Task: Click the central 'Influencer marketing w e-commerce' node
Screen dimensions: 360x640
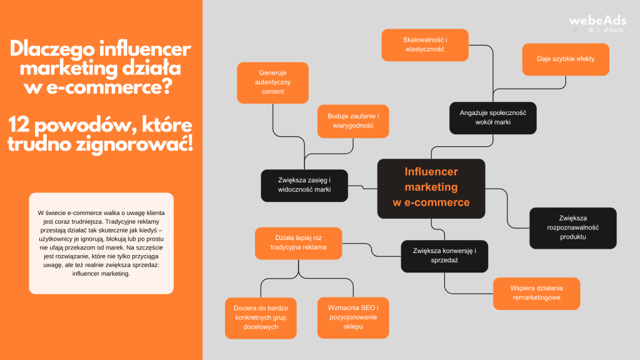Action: [431, 187]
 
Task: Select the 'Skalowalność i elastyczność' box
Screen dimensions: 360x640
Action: [424, 44]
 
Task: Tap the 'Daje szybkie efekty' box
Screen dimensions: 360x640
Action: [565, 59]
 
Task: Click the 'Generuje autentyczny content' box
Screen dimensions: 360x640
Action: [272, 82]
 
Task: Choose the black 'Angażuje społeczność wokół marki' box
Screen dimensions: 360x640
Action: [492, 117]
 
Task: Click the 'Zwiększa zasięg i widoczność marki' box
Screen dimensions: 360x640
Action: [304, 184]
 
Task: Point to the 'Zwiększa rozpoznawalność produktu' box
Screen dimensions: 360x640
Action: [572, 227]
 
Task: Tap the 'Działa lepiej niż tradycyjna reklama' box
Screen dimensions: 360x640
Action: [299, 242]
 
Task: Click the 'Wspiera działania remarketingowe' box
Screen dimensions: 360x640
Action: [536, 293]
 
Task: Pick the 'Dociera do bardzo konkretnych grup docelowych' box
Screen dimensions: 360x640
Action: [260, 318]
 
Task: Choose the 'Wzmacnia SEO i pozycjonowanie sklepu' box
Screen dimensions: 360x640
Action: [353, 317]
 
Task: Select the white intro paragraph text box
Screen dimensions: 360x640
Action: [101, 243]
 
